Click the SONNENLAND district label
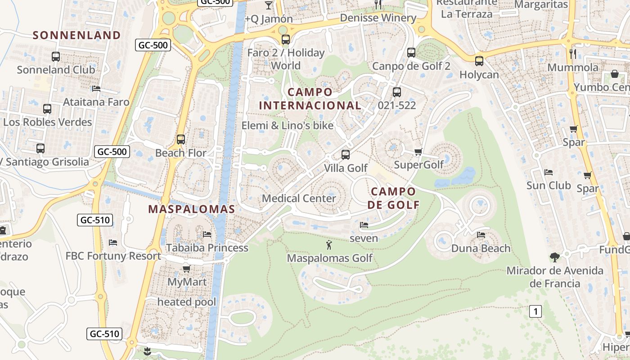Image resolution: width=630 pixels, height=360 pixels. click(x=76, y=35)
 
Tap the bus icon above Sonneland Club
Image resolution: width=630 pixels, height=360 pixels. click(x=56, y=57)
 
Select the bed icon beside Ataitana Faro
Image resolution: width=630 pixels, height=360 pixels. click(x=96, y=89)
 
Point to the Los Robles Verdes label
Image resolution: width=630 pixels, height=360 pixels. click(x=48, y=122)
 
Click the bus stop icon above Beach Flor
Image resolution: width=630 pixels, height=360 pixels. click(x=181, y=139)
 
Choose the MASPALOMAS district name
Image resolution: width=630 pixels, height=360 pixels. click(x=192, y=209)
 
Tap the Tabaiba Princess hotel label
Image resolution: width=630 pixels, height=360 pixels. click(x=207, y=247)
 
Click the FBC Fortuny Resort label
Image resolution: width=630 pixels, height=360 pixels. click(x=113, y=256)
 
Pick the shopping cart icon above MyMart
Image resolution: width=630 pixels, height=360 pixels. click(x=187, y=269)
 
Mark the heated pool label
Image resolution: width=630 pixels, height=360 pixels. click(x=187, y=302)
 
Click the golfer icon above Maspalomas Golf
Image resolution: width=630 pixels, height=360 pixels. click(x=329, y=245)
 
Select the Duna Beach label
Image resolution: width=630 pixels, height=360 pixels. click(x=481, y=248)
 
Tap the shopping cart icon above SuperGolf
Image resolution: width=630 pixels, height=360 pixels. click(x=418, y=152)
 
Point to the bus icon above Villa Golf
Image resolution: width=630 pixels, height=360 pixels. click(x=346, y=155)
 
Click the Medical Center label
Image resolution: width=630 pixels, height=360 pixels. click(x=299, y=198)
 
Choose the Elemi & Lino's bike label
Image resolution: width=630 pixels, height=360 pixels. click(x=288, y=126)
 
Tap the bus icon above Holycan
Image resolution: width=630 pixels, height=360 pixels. click(x=479, y=61)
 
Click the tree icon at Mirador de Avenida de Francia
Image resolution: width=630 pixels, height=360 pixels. click(x=555, y=257)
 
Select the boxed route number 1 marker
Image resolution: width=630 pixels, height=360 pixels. click(x=535, y=311)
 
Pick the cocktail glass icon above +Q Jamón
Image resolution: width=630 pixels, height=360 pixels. click(x=269, y=5)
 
